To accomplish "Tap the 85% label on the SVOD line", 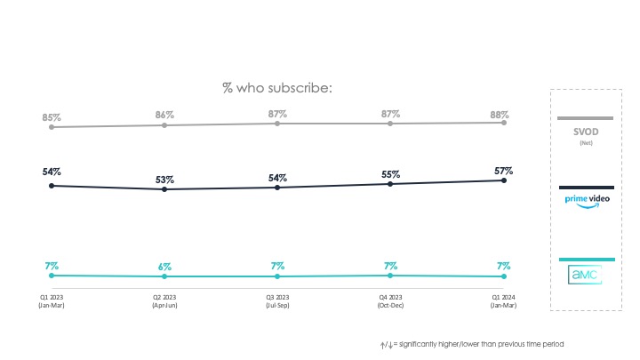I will click(x=52, y=116).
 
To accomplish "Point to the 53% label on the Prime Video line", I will click(x=164, y=180).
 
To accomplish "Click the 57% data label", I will click(x=503, y=170).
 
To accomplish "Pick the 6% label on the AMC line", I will click(x=164, y=267).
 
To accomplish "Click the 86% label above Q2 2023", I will click(x=164, y=116).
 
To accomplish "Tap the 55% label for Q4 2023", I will click(x=389, y=174).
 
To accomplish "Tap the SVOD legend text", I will click(x=585, y=132).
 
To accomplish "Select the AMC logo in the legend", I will click(x=586, y=273).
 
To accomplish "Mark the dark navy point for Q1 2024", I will click(x=504, y=180).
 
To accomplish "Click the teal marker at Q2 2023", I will click(x=164, y=277).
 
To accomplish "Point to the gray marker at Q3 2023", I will click(x=277, y=124).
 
